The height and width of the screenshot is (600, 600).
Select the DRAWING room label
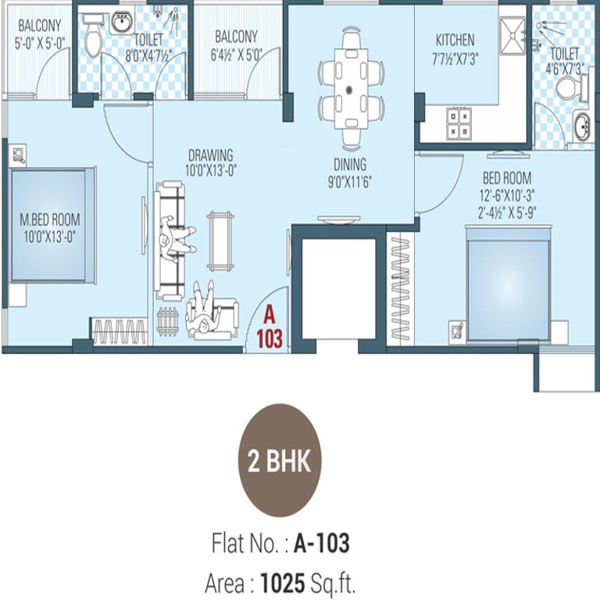(210, 155)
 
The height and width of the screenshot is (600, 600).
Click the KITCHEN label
(455, 40)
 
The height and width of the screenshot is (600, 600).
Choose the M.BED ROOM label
(50, 220)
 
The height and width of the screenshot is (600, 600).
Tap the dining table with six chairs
(352, 86)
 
